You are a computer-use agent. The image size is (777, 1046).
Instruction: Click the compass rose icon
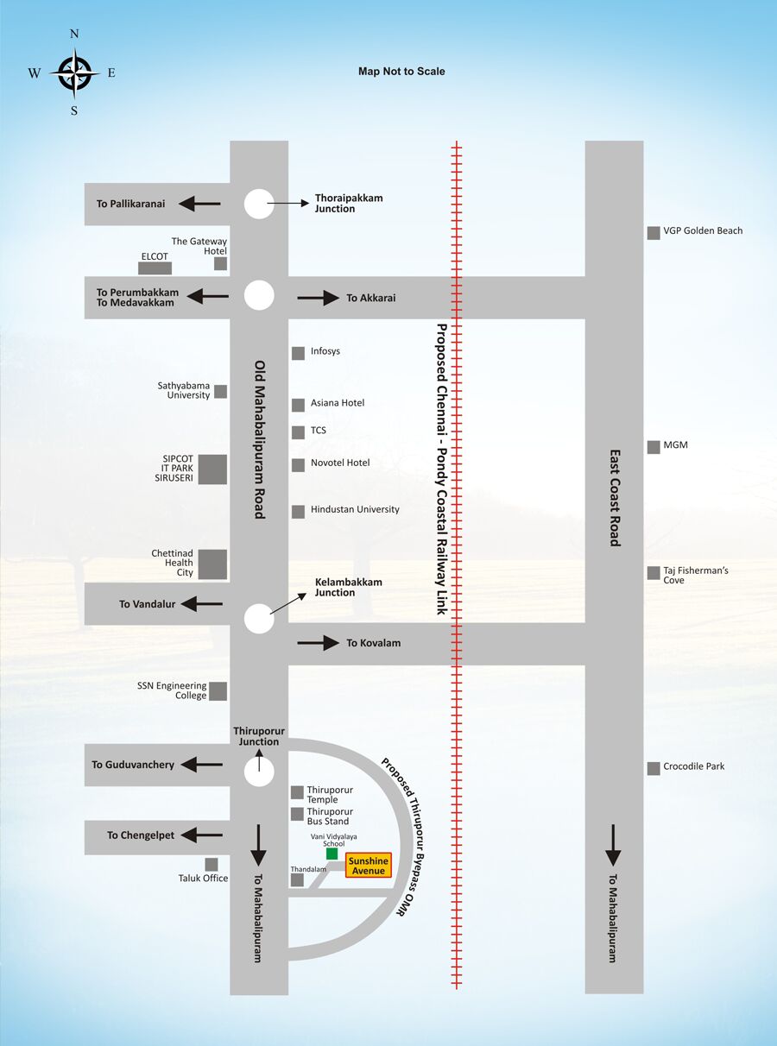coord(74,73)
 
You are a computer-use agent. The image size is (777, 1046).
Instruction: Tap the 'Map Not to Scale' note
coord(401,72)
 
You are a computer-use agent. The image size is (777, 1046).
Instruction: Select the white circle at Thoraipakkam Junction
coord(259,204)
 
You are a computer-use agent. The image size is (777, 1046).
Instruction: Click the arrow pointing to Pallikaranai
coord(199,204)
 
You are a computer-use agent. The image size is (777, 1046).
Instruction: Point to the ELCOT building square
coord(155,268)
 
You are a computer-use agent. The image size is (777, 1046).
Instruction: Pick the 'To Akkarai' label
coord(371,298)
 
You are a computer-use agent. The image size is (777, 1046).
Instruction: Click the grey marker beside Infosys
coord(298,353)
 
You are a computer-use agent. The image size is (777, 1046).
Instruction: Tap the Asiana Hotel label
coord(338,403)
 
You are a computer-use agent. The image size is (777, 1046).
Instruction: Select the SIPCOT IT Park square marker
coord(212,469)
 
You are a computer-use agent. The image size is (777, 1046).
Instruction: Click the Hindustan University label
coord(355,509)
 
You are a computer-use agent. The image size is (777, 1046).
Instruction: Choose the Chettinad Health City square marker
coord(212,564)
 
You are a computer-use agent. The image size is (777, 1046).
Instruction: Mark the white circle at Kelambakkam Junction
coord(259,618)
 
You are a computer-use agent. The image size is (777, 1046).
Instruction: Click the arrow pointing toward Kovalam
coord(318,642)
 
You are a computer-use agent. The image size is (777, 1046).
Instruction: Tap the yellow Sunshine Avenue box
coord(369,866)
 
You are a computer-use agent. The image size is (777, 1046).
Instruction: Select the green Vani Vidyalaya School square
coord(332,854)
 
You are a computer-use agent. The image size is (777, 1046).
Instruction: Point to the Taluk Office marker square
coord(212,865)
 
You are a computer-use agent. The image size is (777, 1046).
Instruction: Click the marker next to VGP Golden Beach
coord(654,233)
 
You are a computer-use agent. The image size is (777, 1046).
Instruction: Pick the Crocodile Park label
coord(693,766)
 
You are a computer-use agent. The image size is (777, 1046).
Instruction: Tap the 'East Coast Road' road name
coord(615,498)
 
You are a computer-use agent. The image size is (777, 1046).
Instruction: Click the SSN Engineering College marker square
coord(218,691)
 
